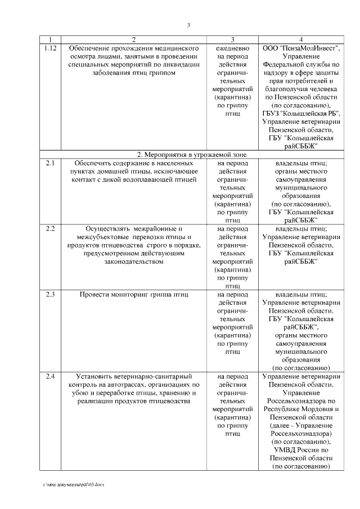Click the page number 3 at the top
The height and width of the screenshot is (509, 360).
pyautogui.click(x=189, y=25)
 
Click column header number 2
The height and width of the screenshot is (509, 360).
pyautogui.click(x=134, y=39)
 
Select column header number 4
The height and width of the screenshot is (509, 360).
pyautogui.click(x=301, y=39)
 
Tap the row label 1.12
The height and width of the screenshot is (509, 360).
pyautogui.click(x=50, y=48)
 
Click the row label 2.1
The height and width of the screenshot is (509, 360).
pyautogui.click(x=50, y=163)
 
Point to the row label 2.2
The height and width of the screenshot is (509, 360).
pyautogui.click(x=50, y=229)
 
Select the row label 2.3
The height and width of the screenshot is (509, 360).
pyautogui.click(x=50, y=294)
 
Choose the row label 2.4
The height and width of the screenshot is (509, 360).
pyautogui.click(x=50, y=376)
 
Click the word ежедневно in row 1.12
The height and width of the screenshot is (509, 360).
pyautogui.click(x=229, y=48)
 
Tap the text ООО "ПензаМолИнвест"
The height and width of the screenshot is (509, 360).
pyautogui.click(x=301, y=48)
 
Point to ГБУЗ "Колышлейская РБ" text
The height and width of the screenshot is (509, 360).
pyautogui.click(x=301, y=113)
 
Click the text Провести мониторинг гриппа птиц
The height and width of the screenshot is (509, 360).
pyautogui.click(x=133, y=294)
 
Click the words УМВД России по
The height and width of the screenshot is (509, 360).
pyautogui.click(x=301, y=450)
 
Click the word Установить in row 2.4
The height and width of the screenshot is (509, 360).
pyautogui.click(x=92, y=376)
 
